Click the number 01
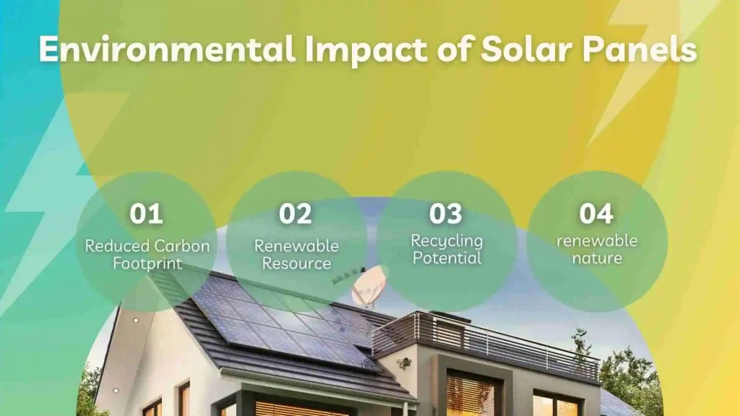pos(146,214)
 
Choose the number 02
pos(296,214)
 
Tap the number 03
pos(446,214)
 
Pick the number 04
pos(596,214)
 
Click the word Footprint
pos(147,263)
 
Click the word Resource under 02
pos(296,263)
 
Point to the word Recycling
pos(447,240)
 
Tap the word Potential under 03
pos(447,258)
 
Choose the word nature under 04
pos(597,258)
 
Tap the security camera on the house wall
pos(403,363)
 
